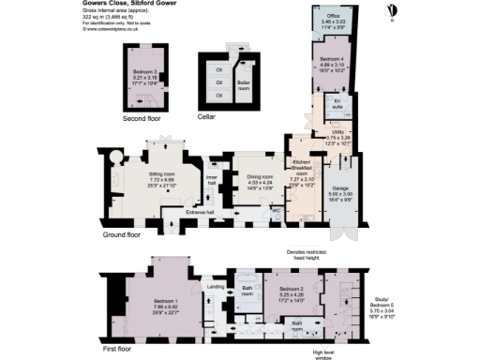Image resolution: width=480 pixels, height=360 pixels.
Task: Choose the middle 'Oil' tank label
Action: (x=218, y=81)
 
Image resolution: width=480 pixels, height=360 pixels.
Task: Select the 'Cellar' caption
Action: (x=206, y=117)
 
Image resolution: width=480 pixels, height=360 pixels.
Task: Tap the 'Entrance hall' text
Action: (x=201, y=214)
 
